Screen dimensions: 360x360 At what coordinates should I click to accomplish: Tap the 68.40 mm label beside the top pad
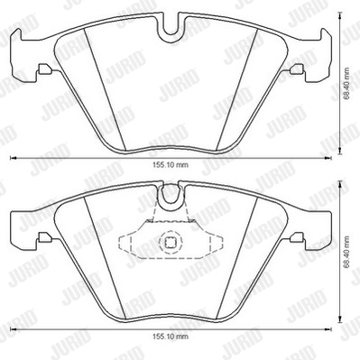pos(347,83)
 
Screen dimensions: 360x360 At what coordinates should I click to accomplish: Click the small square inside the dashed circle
pos(170,241)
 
